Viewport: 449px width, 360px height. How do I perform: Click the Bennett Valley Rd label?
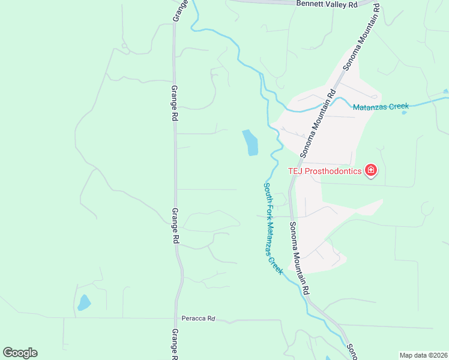tap(327, 4)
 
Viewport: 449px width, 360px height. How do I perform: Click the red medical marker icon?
tap(371, 171)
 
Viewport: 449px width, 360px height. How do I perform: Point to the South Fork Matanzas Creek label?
tap(273, 228)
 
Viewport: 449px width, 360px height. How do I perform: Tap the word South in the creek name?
tap(266, 191)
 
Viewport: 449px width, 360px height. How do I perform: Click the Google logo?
tap(20, 353)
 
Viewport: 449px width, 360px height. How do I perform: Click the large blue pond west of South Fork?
tap(250, 142)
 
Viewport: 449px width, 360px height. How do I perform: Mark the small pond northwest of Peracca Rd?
tap(83, 302)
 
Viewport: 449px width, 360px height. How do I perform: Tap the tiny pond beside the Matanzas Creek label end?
tap(405, 113)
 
